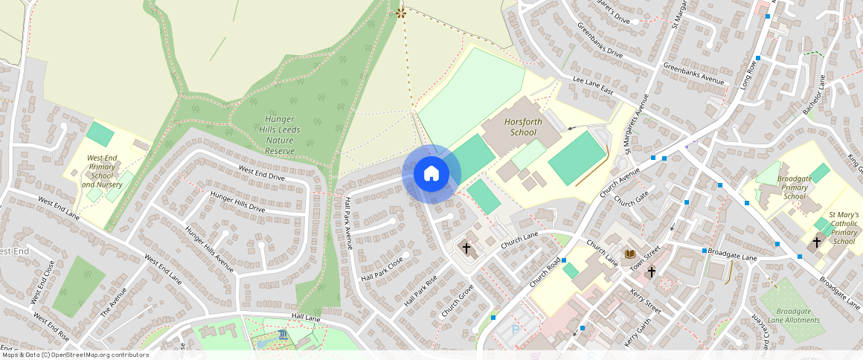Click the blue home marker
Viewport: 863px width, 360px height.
coord(431,174)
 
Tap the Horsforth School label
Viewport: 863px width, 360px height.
coord(520,126)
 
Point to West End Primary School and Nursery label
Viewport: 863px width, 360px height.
coord(105,171)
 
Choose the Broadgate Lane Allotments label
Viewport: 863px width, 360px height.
coord(798,315)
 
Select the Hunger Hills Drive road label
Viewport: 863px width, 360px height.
coord(238,202)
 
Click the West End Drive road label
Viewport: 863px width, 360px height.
coord(261,173)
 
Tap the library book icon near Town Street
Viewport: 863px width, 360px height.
coord(629,255)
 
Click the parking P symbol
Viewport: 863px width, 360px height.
coord(516,329)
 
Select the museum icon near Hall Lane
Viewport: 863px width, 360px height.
coord(283,335)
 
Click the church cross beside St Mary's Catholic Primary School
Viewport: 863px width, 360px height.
coord(816,242)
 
